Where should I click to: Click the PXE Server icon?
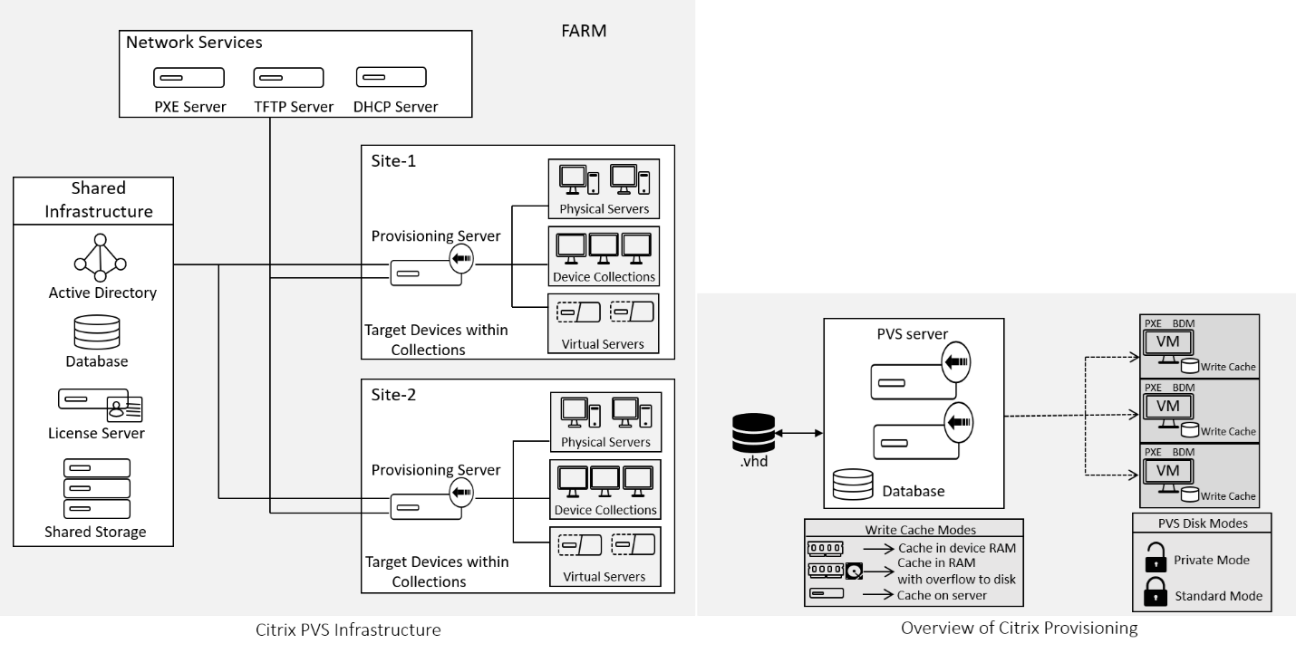click(x=177, y=78)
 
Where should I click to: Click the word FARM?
click(x=584, y=32)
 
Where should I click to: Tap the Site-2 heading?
click(x=393, y=395)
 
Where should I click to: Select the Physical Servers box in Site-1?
click(x=604, y=188)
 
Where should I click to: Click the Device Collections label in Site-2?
click(x=604, y=510)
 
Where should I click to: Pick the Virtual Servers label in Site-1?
click(x=604, y=343)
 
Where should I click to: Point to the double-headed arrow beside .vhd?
click(x=798, y=436)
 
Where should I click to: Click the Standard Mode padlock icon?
click(x=1156, y=595)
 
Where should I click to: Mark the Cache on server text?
click(x=941, y=594)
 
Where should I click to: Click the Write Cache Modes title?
click(x=914, y=529)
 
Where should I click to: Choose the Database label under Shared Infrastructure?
click(x=97, y=361)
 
